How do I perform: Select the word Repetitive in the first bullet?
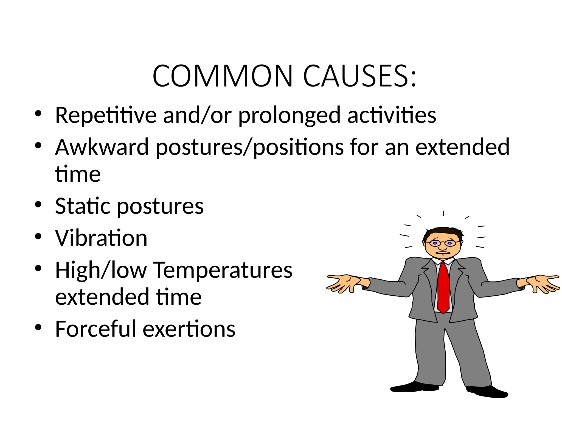[106, 115]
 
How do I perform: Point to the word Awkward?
[102, 147]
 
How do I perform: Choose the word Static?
[82, 206]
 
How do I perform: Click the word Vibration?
[101, 238]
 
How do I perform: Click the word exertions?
[189, 329]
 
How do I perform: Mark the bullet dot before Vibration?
[38, 236]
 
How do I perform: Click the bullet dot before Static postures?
[38, 204]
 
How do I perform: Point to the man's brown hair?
[442, 232]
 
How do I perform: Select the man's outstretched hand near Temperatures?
[343, 283]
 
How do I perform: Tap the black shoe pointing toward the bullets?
[414, 387]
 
